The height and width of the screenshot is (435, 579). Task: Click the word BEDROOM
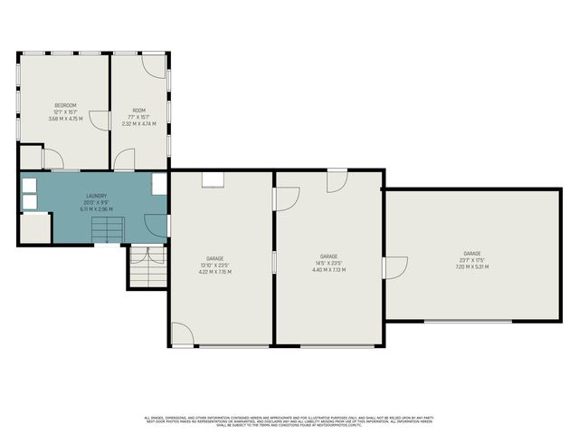point(64,104)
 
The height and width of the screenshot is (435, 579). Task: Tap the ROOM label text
point(139,110)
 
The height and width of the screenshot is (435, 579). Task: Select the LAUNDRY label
point(97,195)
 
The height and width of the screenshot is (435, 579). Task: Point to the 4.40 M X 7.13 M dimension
point(328,269)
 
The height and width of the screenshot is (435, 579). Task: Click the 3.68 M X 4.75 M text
point(64,118)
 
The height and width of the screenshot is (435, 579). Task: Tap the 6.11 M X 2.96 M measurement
point(97,208)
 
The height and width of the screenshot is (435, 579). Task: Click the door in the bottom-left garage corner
point(182,333)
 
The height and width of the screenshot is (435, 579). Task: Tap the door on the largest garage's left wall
point(395,268)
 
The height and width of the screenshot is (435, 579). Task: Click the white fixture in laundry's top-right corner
point(159,184)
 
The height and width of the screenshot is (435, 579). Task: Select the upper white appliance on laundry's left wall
point(29,184)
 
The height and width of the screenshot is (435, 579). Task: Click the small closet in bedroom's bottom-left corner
point(30,157)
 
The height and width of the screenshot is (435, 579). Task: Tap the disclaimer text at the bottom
point(289,420)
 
